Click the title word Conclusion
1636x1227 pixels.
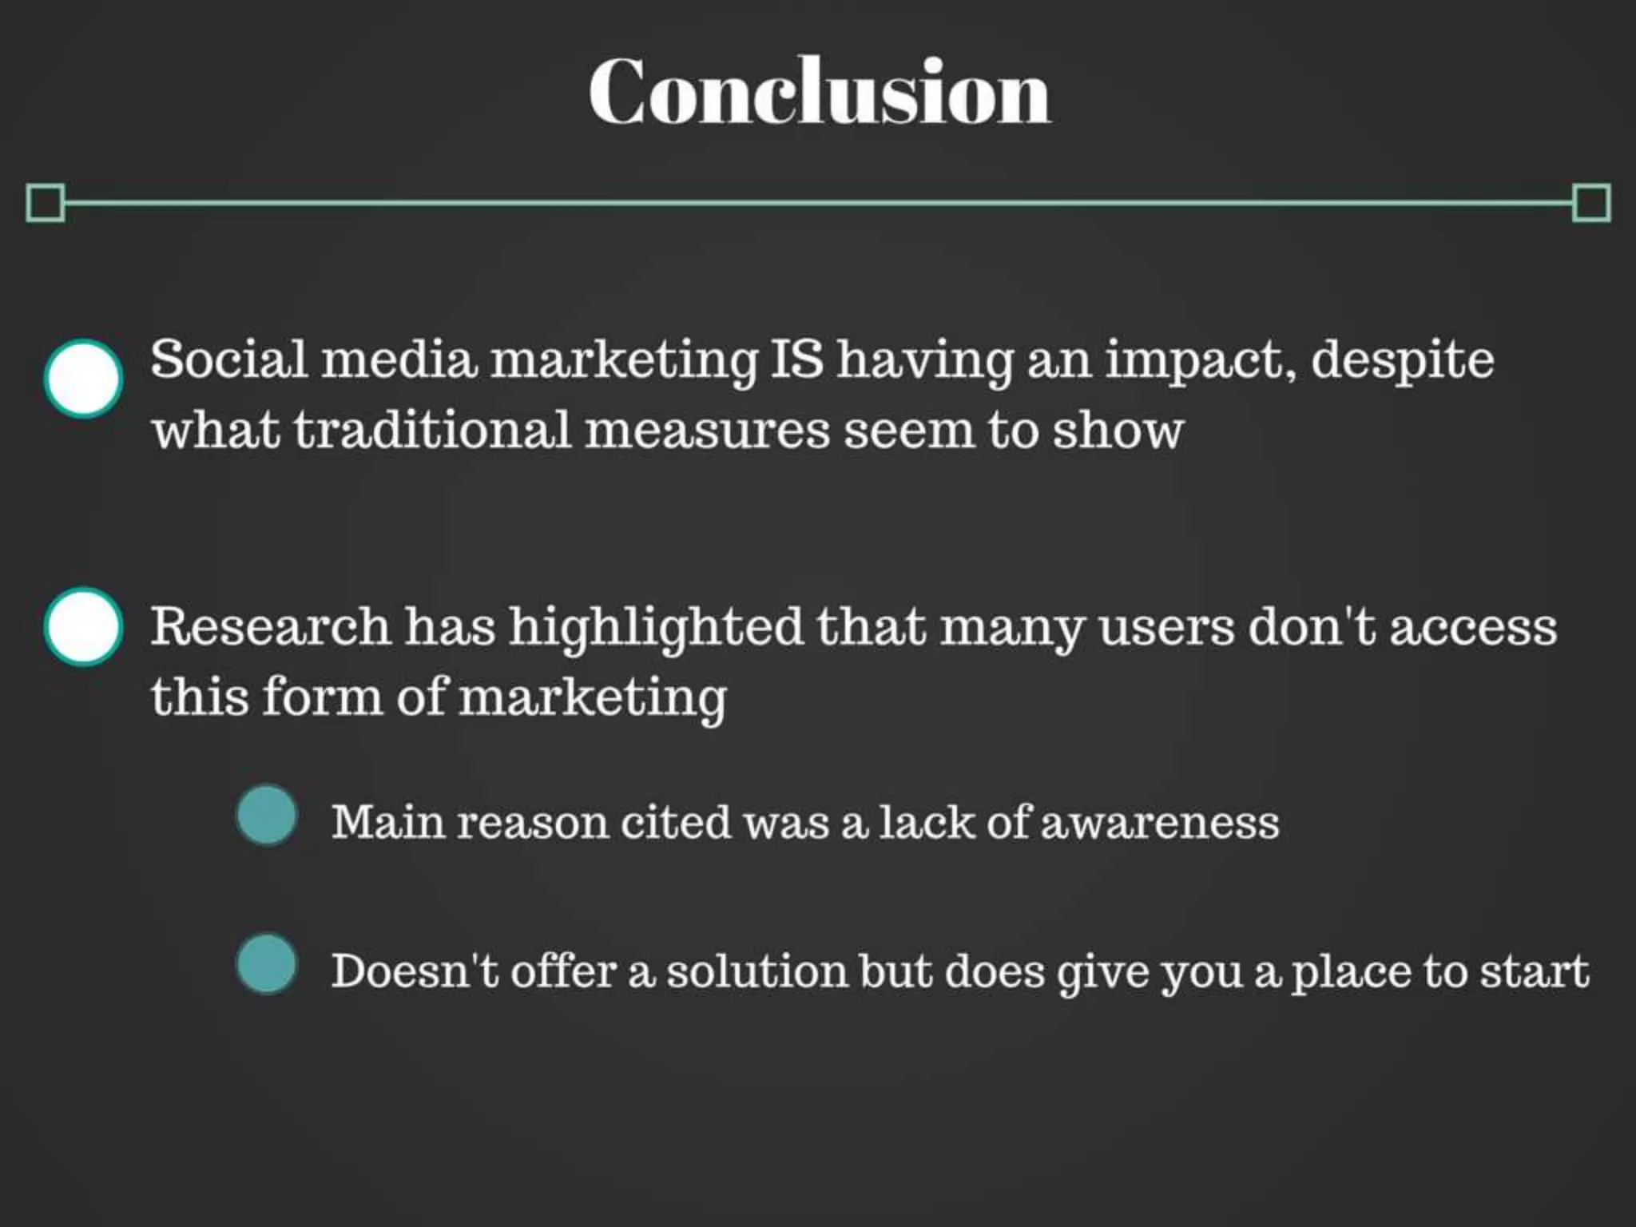(820, 92)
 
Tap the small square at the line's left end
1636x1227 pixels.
(45, 203)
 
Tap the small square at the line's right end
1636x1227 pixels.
(1590, 203)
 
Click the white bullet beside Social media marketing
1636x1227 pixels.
(83, 379)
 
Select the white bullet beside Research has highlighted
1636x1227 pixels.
(83, 627)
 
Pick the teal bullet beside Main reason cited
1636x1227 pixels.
(267, 816)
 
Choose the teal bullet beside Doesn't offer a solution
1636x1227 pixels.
(267, 964)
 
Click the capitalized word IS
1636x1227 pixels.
(796, 360)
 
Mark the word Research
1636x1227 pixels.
(270, 626)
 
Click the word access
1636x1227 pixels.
(1473, 628)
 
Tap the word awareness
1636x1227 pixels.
(1160, 823)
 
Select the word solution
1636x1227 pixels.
(756, 972)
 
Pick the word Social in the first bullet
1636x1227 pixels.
(228, 360)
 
